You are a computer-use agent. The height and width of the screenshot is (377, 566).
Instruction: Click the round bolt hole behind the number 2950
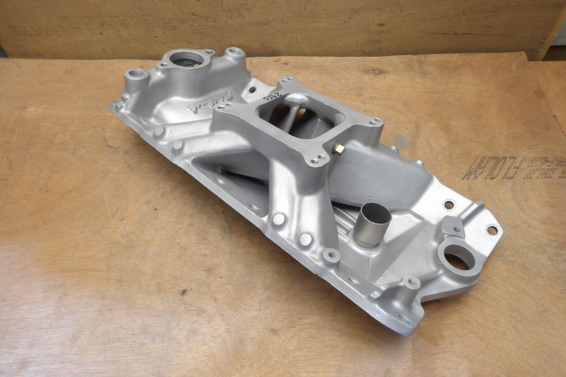click(x=252, y=90)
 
